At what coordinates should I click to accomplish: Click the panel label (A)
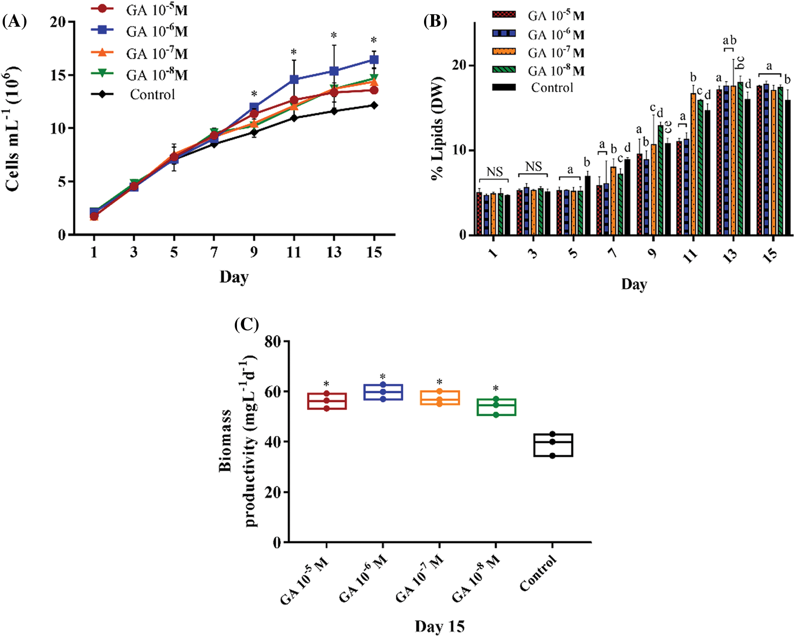tap(14, 21)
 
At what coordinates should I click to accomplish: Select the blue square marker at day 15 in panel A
tap(374, 60)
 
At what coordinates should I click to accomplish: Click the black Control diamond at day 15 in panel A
tap(374, 105)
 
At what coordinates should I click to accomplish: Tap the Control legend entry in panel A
tap(152, 95)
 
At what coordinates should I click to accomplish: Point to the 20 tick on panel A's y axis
tap(57, 22)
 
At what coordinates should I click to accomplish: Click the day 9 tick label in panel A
tap(254, 252)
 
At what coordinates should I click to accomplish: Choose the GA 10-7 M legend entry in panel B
tap(556, 53)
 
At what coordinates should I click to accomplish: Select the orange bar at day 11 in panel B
tap(693, 164)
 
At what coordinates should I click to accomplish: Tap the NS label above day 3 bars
tap(533, 166)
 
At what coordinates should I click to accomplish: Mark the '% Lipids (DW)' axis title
tap(438, 128)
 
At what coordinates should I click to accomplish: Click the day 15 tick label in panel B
tap(771, 255)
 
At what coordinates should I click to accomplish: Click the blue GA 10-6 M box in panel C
tap(383, 392)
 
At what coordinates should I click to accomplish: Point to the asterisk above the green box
tap(496, 389)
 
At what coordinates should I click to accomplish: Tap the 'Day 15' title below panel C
tap(440, 626)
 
